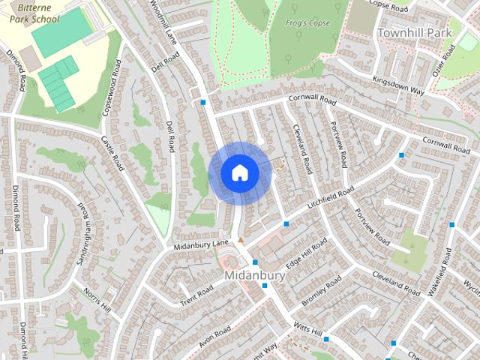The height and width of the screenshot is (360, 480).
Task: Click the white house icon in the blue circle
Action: [x=240, y=173]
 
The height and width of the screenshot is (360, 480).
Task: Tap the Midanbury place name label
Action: [x=255, y=276]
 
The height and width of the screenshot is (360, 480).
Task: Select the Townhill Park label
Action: [x=415, y=33]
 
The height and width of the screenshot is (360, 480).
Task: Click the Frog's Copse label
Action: [x=307, y=23]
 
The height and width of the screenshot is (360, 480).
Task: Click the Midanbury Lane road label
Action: [x=201, y=244]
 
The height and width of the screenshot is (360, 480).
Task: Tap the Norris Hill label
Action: [x=97, y=300]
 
